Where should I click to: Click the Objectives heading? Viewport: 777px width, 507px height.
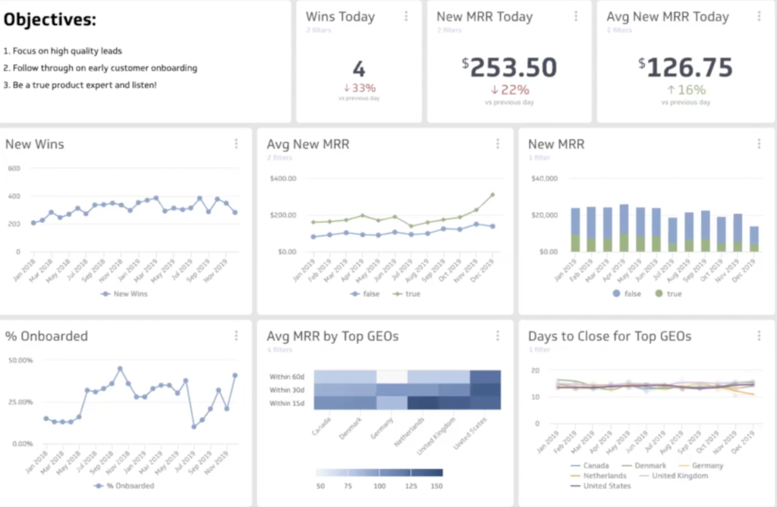(50, 20)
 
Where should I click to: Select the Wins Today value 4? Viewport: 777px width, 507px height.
(359, 69)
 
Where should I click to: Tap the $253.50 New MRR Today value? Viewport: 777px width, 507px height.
(509, 68)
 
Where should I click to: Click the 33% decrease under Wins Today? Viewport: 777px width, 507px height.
(359, 88)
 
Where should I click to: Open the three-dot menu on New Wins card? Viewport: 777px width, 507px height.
(236, 143)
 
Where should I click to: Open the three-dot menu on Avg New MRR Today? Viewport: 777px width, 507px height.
(760, 16)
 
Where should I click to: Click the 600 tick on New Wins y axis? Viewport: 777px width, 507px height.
(13, 168)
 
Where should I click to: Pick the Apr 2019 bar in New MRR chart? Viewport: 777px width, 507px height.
(624, 228)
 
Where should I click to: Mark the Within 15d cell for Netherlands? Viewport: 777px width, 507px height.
(423, 402)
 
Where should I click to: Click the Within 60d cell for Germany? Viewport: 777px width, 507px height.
(392, 376)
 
